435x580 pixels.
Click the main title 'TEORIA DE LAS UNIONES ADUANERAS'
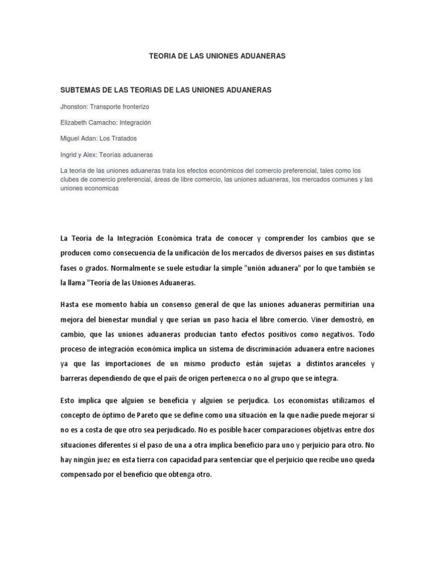click(x=217, y=57)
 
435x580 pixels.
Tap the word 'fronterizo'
click(x=133, y=106)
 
